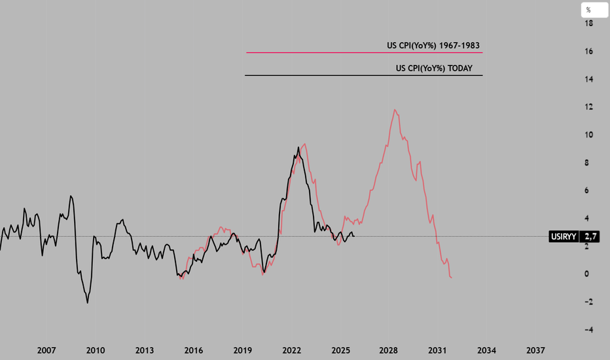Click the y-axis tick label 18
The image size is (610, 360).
tap(589, 24)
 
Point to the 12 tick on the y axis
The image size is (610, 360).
tap(589, 107)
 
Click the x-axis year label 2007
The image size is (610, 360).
tap(46, 351)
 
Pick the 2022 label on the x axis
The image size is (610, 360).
tap(291, 351)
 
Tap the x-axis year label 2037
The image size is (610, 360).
tap(535, 351)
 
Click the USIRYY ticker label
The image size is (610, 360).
tap(564, 237)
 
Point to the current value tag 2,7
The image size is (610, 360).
tap(591, 237)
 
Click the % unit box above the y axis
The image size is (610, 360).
tap(588, 10)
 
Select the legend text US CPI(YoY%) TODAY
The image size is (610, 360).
tap(434, 68)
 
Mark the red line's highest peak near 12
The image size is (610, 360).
tap(395, 109)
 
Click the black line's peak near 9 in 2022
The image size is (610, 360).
tap(298, 147)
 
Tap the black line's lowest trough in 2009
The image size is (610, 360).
tap(88, 302)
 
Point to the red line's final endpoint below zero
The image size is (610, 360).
tap(452, 278)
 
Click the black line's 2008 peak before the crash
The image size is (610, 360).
tap(71, 196)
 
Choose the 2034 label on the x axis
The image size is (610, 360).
tap(486, 351)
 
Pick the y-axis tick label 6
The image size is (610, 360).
tap(590, 190)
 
